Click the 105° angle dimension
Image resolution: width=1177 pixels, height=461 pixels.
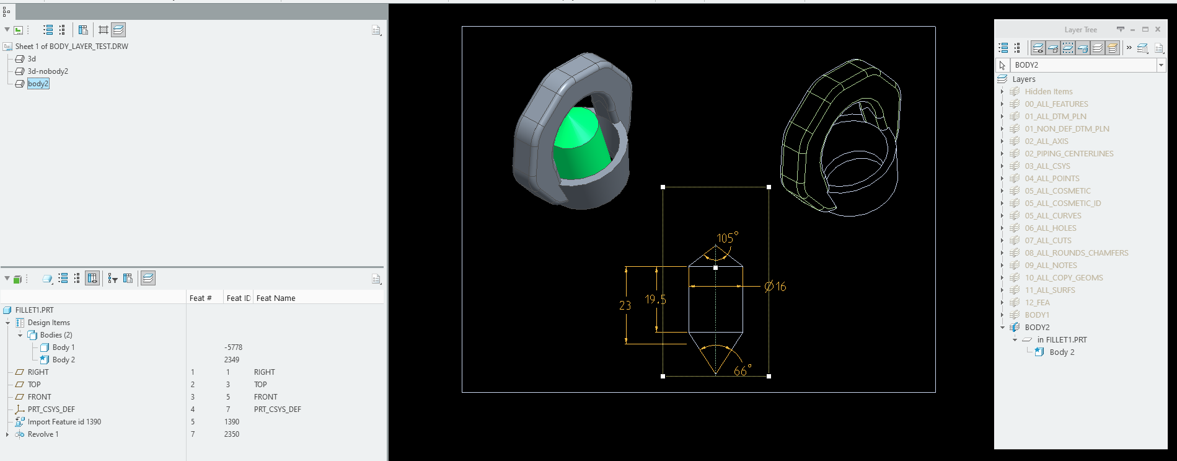coord(727,238)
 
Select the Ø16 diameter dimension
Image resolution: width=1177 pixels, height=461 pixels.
coord(775,287)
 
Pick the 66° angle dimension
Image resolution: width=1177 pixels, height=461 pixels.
coord(741,371)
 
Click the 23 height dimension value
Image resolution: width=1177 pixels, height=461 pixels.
coord(625,305)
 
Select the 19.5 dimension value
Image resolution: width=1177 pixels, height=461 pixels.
coord(655,300)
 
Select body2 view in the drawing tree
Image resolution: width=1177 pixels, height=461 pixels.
coord(38,84)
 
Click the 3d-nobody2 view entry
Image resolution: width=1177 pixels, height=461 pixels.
coord(48,71)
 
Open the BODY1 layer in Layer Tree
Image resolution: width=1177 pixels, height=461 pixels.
coord(1036,315)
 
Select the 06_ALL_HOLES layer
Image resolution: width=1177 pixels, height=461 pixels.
coord(1050,228)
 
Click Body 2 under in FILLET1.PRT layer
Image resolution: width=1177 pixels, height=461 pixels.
coord(1062,352)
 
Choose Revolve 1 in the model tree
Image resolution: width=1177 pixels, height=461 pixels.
coord(43,434)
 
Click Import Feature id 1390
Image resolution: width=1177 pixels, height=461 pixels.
coord(64,422)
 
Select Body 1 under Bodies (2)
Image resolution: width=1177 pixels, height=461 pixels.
coord(63,347)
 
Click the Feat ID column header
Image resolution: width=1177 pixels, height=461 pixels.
coord(238,298)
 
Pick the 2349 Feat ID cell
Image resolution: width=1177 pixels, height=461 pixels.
coord(231,360)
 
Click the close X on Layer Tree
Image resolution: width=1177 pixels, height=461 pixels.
coord(1157,29)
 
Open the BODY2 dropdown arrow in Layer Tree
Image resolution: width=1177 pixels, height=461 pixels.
coord(1161,65)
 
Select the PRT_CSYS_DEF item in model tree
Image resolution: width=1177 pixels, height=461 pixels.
coord(51,410)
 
